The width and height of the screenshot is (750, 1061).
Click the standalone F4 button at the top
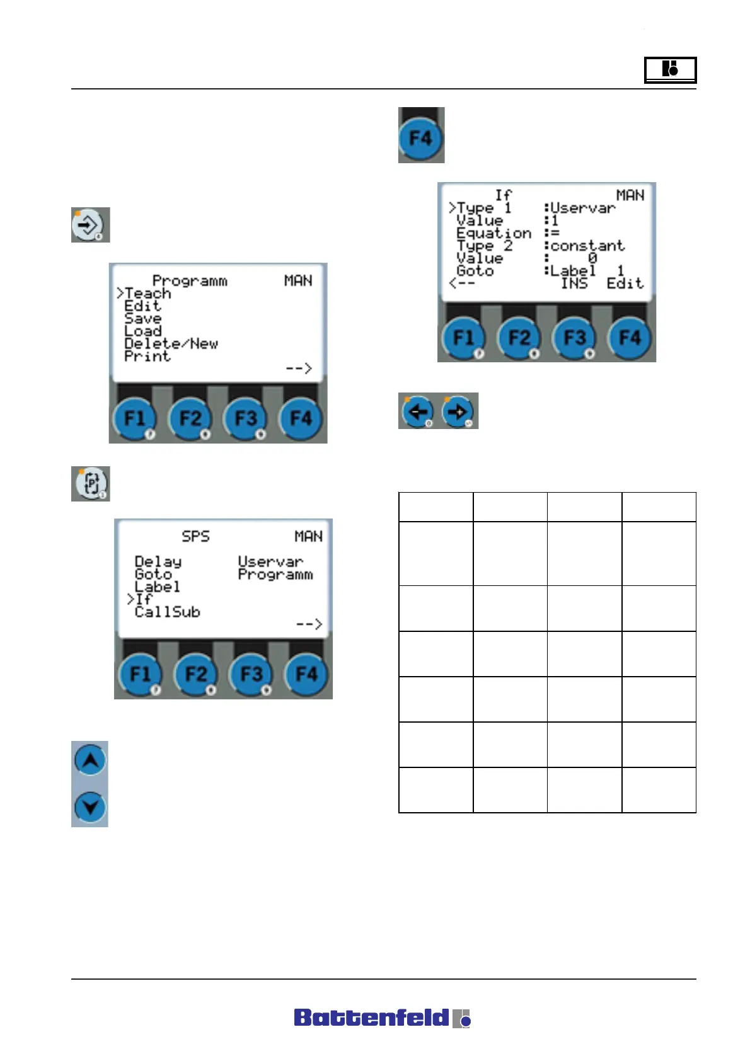[421, 137]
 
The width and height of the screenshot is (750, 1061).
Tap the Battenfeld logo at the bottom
[382, 1018]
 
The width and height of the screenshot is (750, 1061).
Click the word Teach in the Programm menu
[148, 294]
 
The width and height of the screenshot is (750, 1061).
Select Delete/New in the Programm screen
[171, 344]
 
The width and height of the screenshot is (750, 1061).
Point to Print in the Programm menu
[147, 357]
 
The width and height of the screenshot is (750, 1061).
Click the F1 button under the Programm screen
[134, 418]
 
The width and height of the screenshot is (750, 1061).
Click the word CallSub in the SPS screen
[167, 612]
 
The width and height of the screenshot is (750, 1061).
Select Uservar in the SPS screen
[270, 561]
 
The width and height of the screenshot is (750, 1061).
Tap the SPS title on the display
[195, 536]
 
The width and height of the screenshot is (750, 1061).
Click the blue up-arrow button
[90, 760]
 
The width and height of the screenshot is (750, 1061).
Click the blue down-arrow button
[90, 807]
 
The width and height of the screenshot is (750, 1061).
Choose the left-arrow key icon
[418, 411]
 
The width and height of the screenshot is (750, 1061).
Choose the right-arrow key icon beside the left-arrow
[458, 411]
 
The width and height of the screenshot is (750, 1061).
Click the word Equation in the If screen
[493, 233]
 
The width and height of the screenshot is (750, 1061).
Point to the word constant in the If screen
[587, 246]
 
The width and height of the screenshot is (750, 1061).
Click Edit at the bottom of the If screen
[625, 284]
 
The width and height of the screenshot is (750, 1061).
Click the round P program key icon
[91, 483]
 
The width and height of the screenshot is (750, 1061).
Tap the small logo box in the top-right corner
[670, 69]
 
